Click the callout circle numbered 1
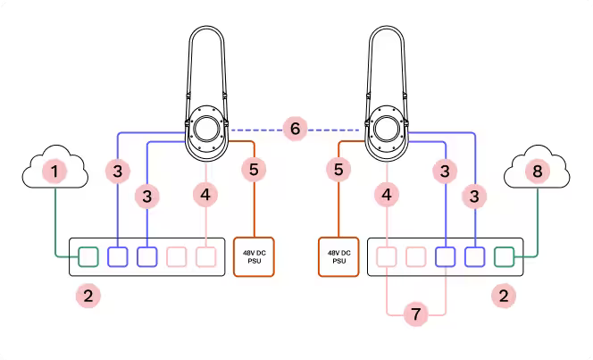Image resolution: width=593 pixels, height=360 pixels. click(x=56, y=170)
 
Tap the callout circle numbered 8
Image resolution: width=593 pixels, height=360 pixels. click(x=536, y=170)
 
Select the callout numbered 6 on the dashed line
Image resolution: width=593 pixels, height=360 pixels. click(x=296, y=130)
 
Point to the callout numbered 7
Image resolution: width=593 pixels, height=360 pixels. click(x=415, y=314)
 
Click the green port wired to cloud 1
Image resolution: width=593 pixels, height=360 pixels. click(x=88, y=257)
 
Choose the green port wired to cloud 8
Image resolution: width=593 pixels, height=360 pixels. click(x=504, y=257)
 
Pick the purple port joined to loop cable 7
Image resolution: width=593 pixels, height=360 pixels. click(x=445, y=257)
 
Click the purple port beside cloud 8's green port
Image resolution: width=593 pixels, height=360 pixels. click(x=474, y=257)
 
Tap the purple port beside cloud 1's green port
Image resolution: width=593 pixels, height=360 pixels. click(x=118, y=257)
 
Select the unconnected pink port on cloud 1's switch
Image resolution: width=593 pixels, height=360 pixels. click(x=177, y=257)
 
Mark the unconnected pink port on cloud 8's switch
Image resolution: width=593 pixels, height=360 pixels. click(x=415, y=257)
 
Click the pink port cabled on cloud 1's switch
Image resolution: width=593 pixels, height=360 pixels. click(x=206, y=257)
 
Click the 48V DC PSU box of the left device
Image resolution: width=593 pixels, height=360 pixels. click(x=255, y=257)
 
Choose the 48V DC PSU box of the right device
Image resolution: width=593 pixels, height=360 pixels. click(x=338, y=257)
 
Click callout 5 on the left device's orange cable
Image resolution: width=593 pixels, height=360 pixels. click(x=255, y=168)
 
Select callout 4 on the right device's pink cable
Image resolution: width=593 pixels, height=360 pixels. click(x=386, y=193)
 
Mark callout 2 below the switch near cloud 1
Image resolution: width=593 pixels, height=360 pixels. click(x=88, y=295)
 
